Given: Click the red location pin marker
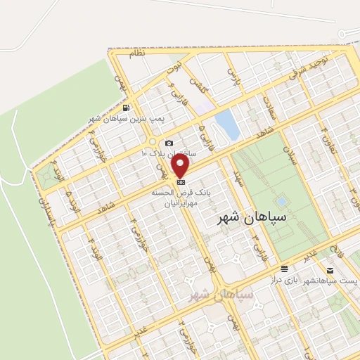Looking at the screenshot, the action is click(x=181, y=166).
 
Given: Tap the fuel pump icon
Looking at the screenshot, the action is click(x=125, y=108).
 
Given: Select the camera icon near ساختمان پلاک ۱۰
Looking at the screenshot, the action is click(x=169, y=143).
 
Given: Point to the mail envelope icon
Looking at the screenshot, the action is click(x=330, y=270).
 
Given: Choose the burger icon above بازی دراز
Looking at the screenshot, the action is click(x=284, y=269).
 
